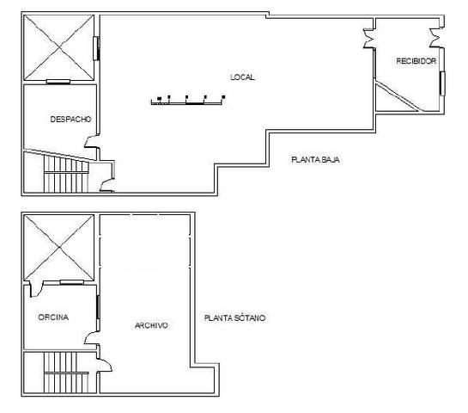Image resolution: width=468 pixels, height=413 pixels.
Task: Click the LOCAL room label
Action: pyautogui.click(x=243, y=77)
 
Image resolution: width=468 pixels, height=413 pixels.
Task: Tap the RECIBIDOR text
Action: pyautogui.click(x=416, y=61)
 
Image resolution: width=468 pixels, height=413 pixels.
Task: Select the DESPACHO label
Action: pyautogui.click(x=70, y=119)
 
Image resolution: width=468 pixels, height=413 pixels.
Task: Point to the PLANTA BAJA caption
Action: pyautogui.click(x=317, y=159)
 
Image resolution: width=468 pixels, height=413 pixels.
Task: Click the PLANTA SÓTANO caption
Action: pyautogui.click(x=234, y=317)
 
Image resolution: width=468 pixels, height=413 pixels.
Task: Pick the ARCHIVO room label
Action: pyautogui.click(x=151, y=325)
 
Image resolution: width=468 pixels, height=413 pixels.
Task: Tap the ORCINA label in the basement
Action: pyautogui.click(x=52, y=317)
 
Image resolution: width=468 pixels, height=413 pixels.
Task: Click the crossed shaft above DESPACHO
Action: pyautogui.click(x=58, y=48)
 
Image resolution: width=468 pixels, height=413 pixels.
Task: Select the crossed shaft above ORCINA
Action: pyautogui.click(x=58, y=248)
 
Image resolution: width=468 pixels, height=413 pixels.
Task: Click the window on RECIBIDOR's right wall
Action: pyautogui.click(x=442, y=83)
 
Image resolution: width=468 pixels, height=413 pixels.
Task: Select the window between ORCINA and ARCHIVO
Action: pyautogui.click(x=99, y=307)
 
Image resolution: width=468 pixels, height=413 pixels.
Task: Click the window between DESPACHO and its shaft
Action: pyautogui.click(x=58, y=82)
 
